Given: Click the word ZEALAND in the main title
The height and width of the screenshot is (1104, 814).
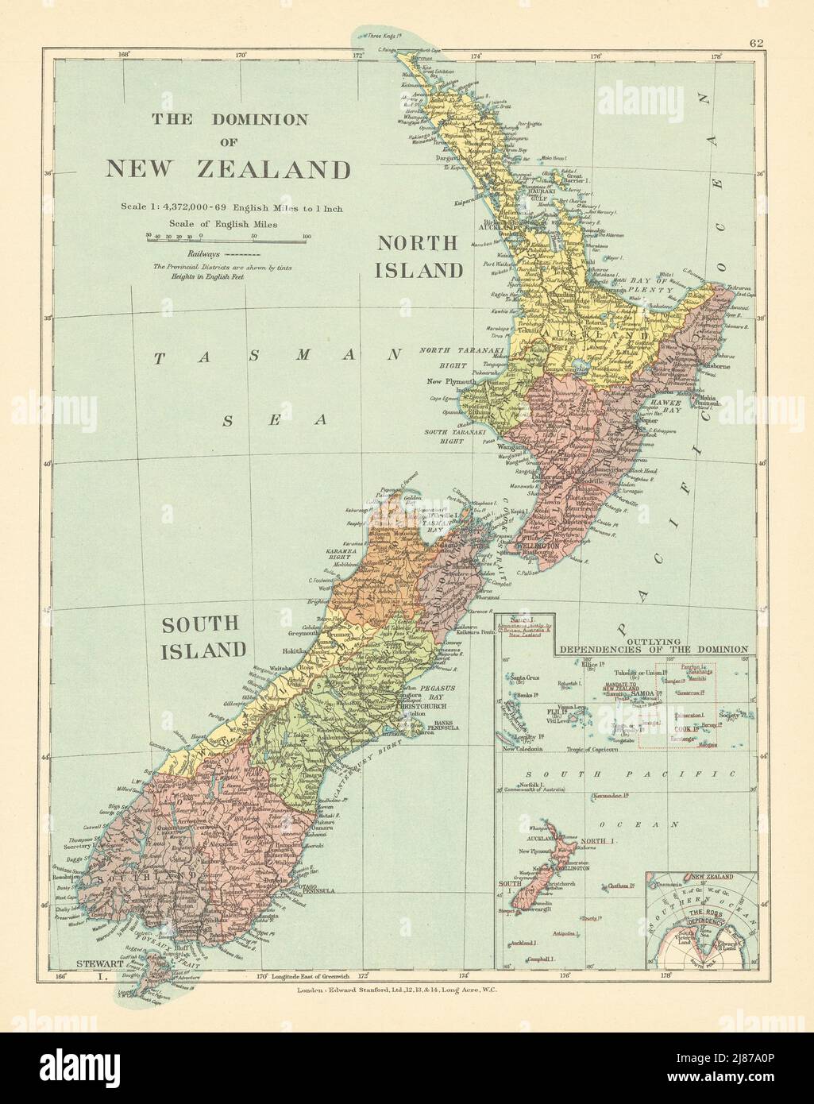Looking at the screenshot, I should (286, 168).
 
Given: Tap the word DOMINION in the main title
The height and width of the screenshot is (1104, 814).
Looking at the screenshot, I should (259, 120).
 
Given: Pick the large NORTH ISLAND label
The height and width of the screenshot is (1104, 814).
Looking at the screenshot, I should (419, 256).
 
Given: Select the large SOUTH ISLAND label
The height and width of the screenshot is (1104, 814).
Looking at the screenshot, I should (204, 637).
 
